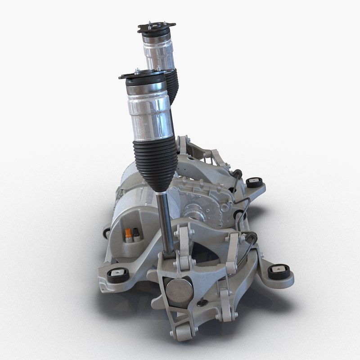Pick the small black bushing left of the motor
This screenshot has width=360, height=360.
107,233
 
